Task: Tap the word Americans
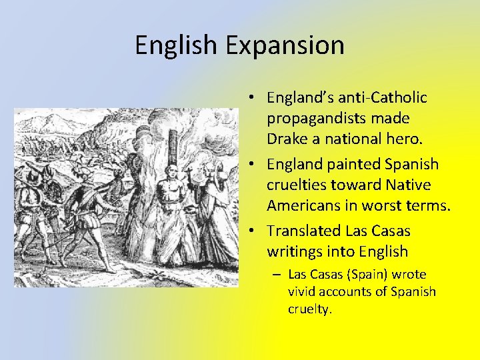point(303,205)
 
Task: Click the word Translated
point(303,231)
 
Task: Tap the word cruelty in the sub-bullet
point(309,309)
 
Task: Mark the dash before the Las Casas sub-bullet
point(277,275)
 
